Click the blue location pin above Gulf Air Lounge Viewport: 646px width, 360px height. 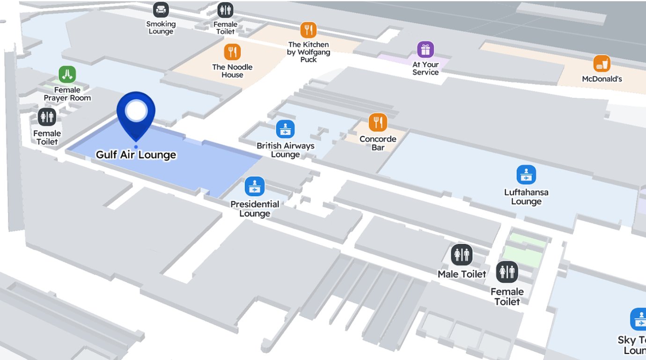pos(136,112)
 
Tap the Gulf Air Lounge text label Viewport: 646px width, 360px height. pos(136,155)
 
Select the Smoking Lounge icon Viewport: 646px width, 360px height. pos(161,9)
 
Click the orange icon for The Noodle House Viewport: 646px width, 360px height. pos(232,51)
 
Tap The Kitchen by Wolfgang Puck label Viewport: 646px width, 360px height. pos(308,52)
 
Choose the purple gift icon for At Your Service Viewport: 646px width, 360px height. pos(425,49)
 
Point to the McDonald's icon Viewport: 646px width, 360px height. pos(602,63)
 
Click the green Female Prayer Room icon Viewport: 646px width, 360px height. pos(67,74)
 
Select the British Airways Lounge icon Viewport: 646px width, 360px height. pos(285,129)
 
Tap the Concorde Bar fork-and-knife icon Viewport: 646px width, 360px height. pos(378,122)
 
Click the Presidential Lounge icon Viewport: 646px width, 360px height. pos(255,186)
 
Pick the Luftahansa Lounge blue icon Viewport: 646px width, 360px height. pos(526,175)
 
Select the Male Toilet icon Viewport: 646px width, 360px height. pos(462,255)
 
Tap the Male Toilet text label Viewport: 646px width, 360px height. pos(462,274)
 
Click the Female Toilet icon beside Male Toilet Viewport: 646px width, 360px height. pos(507,272)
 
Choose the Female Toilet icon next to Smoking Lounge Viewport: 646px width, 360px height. pos(225,10)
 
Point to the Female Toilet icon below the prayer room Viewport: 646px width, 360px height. pos(47,117)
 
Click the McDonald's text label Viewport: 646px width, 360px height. pos(602,79)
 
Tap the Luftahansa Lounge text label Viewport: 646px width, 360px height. pos(526,197)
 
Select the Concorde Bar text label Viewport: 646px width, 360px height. pos(378,143)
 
